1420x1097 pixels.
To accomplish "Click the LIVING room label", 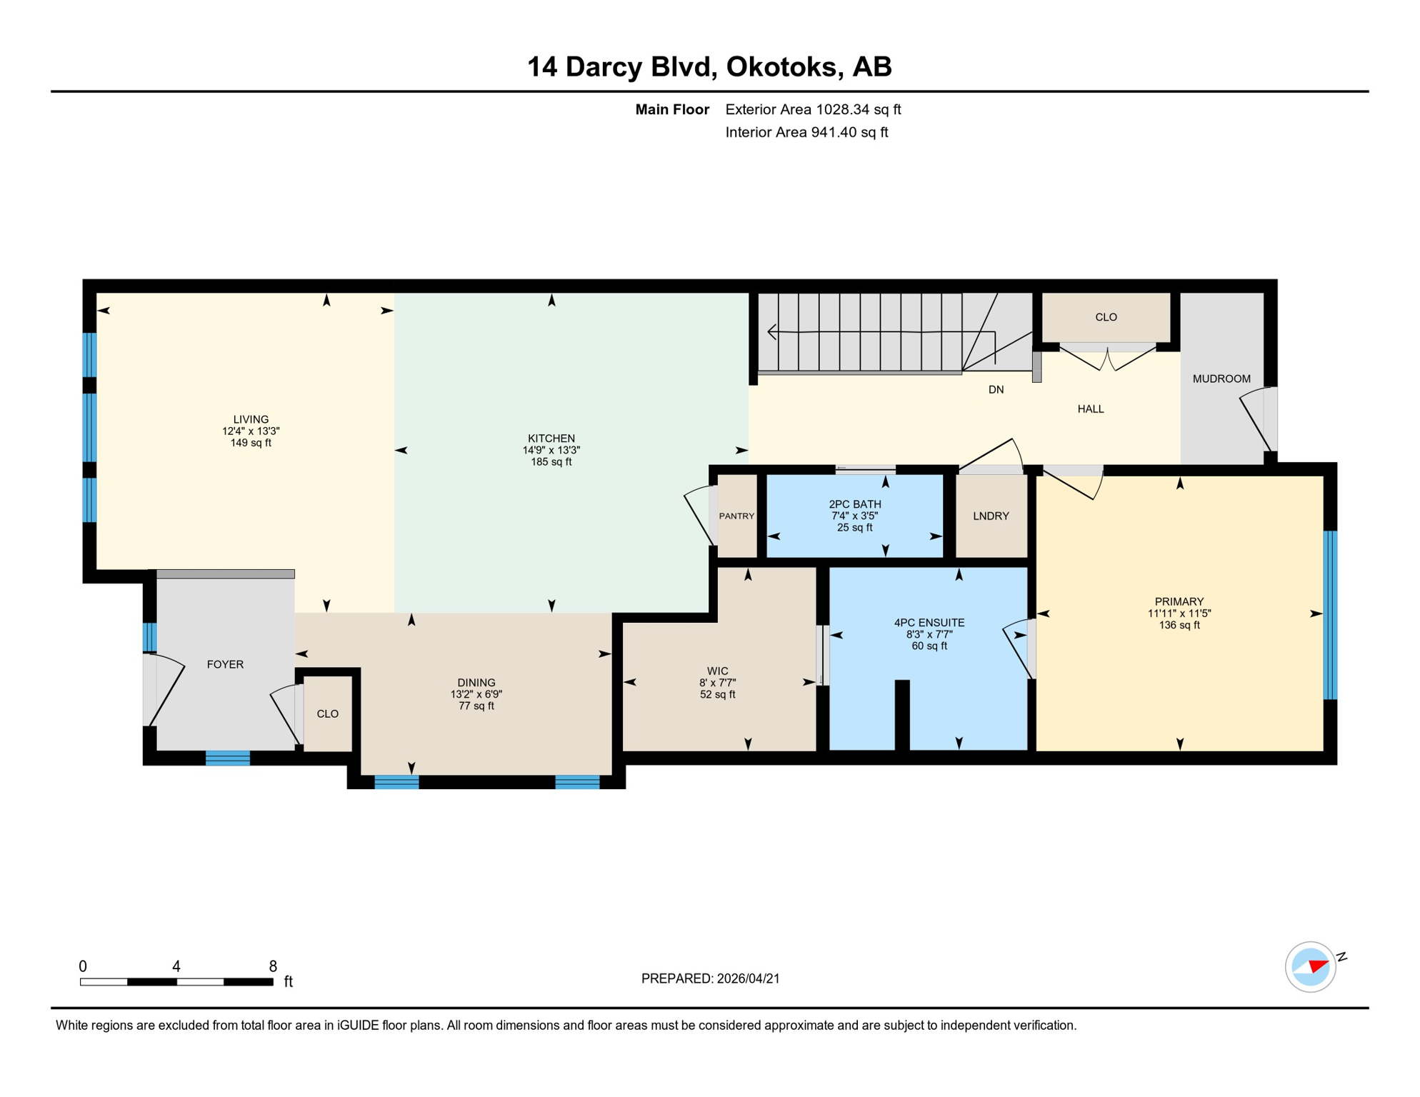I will [x=251, y=419].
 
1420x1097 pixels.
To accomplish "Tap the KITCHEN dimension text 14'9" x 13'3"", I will [x=551, y=450].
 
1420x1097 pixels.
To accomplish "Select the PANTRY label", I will [x=736, y=516].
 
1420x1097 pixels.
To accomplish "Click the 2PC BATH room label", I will [x=854, y=504].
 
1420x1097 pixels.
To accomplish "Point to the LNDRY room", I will [x=991, y=516].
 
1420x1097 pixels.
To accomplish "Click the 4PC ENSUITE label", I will [x=929, y=623].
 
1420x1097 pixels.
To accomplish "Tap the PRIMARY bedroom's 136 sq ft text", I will [x=1179, y=625].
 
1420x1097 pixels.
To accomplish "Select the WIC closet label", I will [x=717, y=671].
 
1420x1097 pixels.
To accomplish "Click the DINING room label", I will [x=476, y=682].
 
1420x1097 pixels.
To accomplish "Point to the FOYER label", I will [x=225, y=664].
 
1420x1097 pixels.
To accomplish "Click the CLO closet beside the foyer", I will [x=328, y=713].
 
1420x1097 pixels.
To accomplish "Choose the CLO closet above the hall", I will [x=1106, y=317].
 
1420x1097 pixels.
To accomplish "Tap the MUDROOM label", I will [x=1221, y=379].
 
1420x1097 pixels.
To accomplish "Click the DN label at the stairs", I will [x=996, y=389].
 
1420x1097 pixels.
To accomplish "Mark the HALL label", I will [x=1090, y=409].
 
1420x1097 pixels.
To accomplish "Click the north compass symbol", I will [x=1311, y=966].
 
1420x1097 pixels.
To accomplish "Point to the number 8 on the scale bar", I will [x=273, y=966].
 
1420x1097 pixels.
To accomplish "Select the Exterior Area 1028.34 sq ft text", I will [x=813, y=109].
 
